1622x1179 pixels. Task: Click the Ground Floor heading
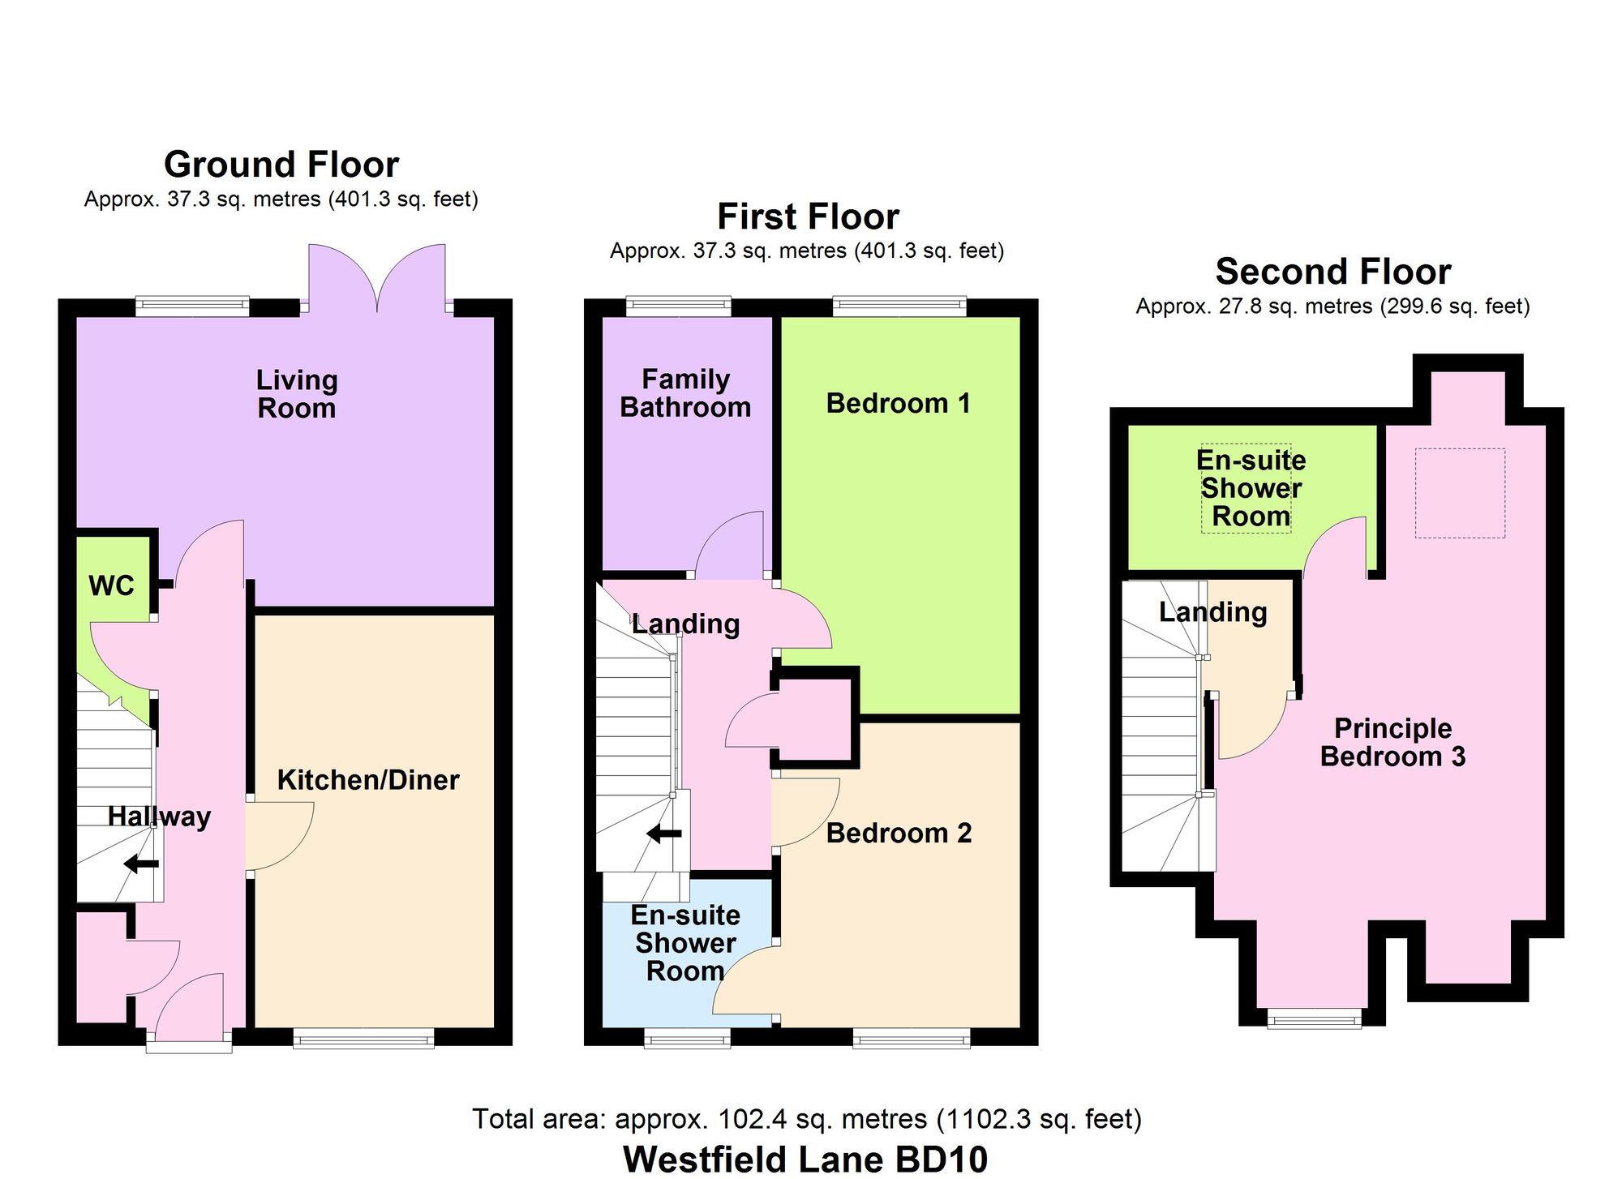tap(281, 165)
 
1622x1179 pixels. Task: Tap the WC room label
tap(111, 585)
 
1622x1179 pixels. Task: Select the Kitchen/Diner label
tap(368, 780)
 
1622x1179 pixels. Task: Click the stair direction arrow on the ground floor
tap(142, 864)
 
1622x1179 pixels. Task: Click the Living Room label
tap(297, 394)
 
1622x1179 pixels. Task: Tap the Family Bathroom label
tap(685, 393)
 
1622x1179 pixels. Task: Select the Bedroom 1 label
tap(898, 403)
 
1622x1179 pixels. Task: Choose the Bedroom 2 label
tap(899, 833)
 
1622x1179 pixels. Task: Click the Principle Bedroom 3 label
tap(1392, 742)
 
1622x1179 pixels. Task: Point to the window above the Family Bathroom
tap(678, 306)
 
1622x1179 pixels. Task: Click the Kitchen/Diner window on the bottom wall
tap(363, 1038)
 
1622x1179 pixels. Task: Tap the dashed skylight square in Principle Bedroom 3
tap(1460, 493)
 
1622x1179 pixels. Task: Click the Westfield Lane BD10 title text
tap(805, 1159)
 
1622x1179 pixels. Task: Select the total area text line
tap(806, 1119)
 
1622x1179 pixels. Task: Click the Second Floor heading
tap(1332, 272)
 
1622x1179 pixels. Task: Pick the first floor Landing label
tap(685, 624)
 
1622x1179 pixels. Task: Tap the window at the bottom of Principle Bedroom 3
tap(1314, 1019)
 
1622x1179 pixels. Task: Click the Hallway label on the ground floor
tap(159, 817)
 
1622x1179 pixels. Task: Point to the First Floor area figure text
tap(806, 251)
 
